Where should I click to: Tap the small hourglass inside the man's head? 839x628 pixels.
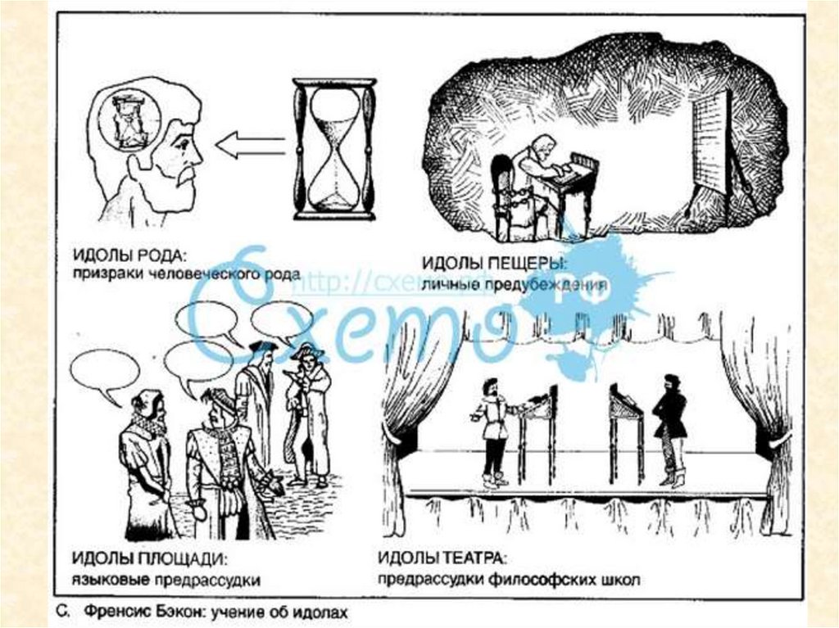pos(128,121)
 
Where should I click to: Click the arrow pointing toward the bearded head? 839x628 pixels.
pos(249,146)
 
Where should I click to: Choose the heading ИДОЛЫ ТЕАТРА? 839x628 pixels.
pos(442,560)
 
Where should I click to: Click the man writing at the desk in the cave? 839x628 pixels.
pos(537,178)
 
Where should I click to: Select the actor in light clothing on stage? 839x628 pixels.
pos(492,429)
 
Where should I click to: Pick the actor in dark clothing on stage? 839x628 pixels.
pos(670,426)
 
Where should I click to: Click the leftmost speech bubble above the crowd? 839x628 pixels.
pos(104,370)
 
